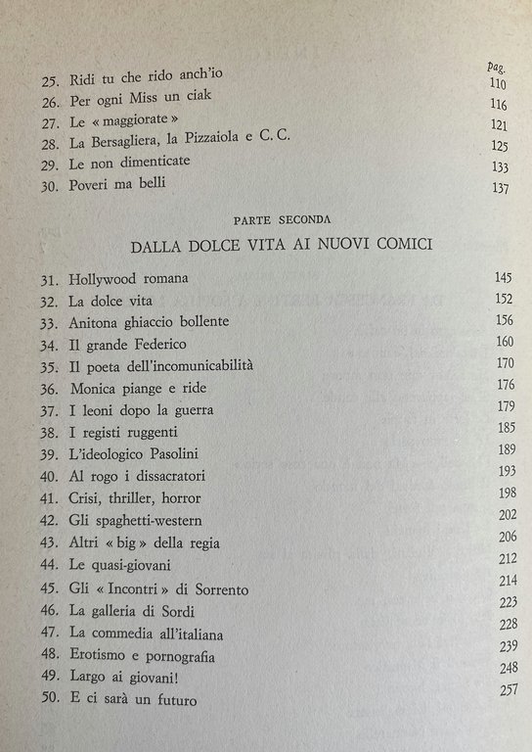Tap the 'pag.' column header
tap(495, 67)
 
